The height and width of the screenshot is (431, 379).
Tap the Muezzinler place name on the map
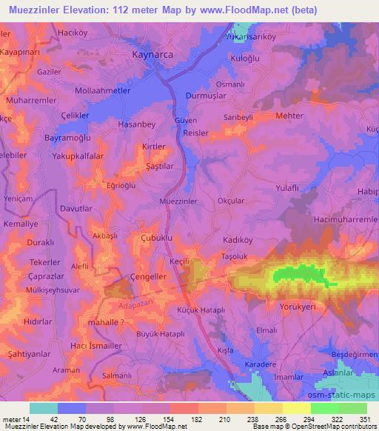coord(178,201)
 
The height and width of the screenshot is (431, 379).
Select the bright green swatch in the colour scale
coord(325,408)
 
